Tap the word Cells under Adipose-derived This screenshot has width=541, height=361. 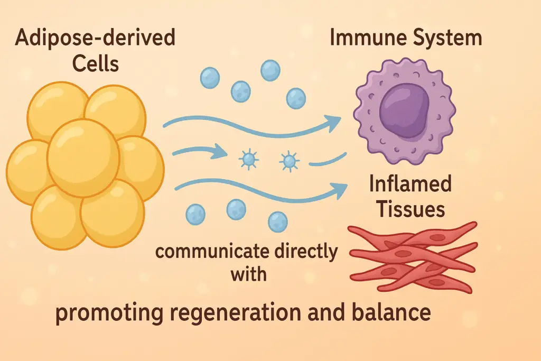[96, 65]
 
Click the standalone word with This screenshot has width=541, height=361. [249, 275]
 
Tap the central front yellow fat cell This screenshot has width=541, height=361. [83, 158]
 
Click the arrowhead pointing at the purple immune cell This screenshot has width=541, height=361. [332, 124]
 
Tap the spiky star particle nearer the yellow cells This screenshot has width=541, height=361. [248, 159]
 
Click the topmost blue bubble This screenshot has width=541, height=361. [270, 70]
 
